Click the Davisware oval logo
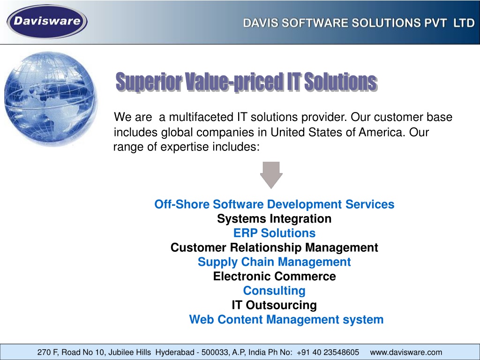click(47, 22)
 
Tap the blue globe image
click(51, 98)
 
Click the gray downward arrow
click(271, 175)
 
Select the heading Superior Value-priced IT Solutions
click(247, 82)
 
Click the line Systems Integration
click(274, 219)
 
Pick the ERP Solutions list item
click(274, 233)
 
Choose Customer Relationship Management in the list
click(274, 247)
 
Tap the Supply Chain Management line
click(274, 262)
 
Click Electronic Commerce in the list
click(275, 276)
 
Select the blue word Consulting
click(274, 291)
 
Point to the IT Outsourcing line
click(274, 305)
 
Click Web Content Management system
click(286, 320)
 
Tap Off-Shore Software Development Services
click(274, 204)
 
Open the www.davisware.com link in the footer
click(406, 352)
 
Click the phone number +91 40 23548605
click(328, 352)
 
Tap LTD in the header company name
click(464, 23)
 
